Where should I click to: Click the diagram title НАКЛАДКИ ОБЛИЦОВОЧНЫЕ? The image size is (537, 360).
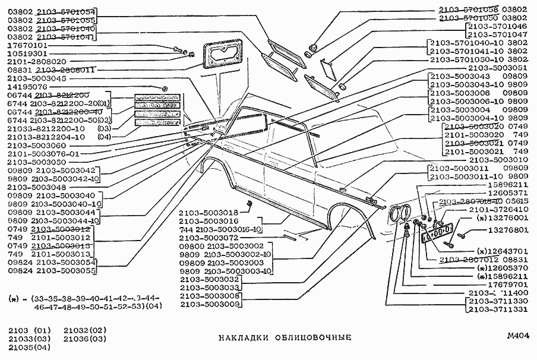pos(285,338)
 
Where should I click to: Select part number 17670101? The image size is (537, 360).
pos(29,45)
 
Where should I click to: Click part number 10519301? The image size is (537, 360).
pos(29,53)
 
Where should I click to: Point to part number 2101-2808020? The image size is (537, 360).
pos(37,61)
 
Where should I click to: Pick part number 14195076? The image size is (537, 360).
pos(29,86)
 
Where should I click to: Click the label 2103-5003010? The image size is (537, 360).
pos(497,160)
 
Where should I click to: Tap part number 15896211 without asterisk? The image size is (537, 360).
pos(505,185)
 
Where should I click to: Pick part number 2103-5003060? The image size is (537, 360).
pos(37,145)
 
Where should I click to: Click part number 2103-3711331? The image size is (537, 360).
pos(497,310)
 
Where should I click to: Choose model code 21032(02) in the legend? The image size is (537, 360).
pos(85,330)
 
